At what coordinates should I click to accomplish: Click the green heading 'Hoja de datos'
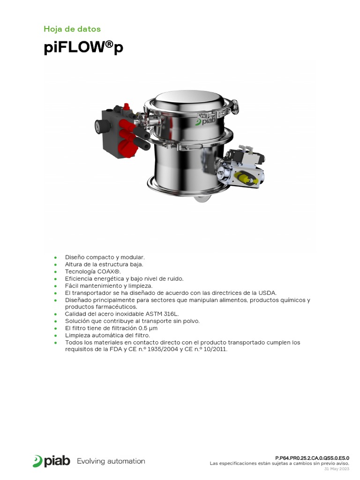pos(72,29)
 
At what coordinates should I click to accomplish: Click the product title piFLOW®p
pos(83,48)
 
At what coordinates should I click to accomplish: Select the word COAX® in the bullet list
pos(109,271)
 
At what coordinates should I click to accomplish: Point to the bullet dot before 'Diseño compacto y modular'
pos(55,258)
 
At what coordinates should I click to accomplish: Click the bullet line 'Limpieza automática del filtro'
pos(107,335)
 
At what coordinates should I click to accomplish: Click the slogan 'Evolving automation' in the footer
pos(111,461)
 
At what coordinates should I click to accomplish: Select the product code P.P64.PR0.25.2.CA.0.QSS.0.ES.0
pos(312,458)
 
